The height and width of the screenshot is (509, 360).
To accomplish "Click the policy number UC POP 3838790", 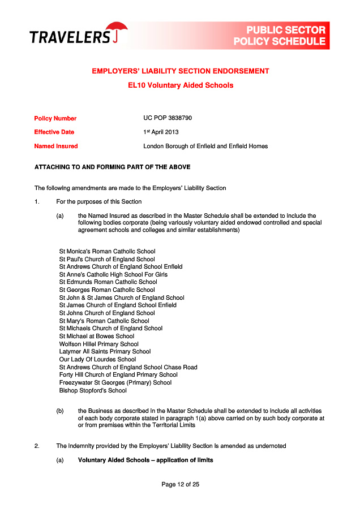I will pos(168,118).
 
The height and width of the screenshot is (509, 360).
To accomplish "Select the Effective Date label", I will pos(54,132).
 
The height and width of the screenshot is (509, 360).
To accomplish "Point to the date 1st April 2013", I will pos(161,132).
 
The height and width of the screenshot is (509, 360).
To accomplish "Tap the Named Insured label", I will pos(56,146).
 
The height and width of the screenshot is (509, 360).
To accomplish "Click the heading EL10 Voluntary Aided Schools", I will pos(181,85).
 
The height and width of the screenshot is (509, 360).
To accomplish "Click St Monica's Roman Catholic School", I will pos(107,251).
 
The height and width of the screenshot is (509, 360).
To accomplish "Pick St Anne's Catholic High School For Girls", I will pos(113,274).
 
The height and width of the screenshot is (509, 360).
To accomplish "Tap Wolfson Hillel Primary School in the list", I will pos(99,344).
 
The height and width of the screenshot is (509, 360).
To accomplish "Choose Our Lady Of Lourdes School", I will pos(97,359).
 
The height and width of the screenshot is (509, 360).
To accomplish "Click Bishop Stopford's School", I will pos(93,390).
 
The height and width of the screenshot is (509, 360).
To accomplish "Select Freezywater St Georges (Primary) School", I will pos(115,382).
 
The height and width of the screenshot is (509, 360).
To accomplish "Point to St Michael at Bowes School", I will pos(97,336).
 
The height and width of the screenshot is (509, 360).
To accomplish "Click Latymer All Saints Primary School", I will pos(105,351).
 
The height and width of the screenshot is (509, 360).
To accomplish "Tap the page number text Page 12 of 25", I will pos(180,484).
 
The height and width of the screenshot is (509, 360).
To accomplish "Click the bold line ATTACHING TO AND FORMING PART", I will pos(113,167).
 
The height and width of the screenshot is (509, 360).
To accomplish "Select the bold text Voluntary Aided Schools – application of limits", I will pos(145,460).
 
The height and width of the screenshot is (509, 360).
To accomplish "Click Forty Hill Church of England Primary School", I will pos(118,374).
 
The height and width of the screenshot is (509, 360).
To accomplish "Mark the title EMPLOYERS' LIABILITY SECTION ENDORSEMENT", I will pos(181,71).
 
